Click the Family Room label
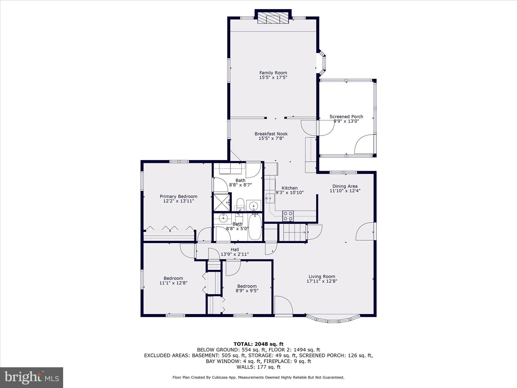click(x=273, y=73)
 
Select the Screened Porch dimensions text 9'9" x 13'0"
click(x=346, y=121)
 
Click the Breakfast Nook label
click(x=271, y=134)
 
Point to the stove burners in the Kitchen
click(x=288, y=216)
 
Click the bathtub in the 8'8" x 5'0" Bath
click(x=255, y=227)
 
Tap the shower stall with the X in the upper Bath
click(x=222, y=202)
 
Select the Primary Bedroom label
click(x=178, y=197)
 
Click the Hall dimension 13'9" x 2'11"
click(x=235, y=254)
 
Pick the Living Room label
click(x=322, y=277)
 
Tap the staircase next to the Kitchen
click(x=293, y=232)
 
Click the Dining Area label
click(x=345, y=186)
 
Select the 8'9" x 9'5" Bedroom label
click(x=247, y=286)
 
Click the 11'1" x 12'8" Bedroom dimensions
click(x=173, y=283)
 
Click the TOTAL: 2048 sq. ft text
click(x=258, y=344)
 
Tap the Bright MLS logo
click(x=32, y=378)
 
